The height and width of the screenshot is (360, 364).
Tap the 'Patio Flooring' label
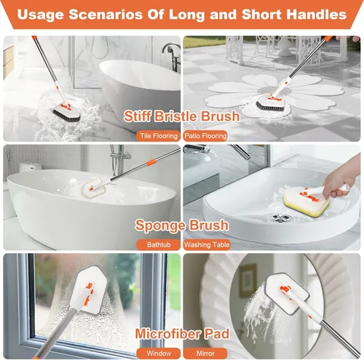205,135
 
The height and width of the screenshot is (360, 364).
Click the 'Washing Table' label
207,245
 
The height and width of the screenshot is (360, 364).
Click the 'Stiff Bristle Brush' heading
182,116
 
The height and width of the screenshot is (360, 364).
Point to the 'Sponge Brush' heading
182,225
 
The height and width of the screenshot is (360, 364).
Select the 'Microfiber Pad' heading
182,333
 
